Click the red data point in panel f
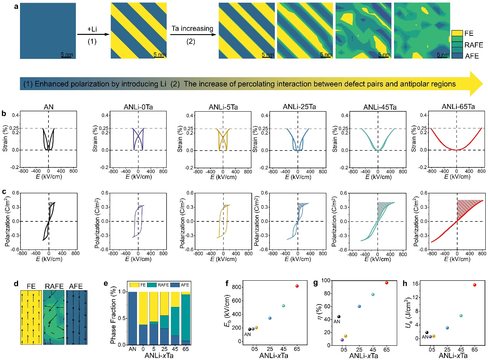(x=297, y=286)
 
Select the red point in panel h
(x=475, y=285)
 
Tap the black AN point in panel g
(x=339, y=316)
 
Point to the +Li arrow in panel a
(x=92, y=35)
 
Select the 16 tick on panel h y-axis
(x=419, y=284)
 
